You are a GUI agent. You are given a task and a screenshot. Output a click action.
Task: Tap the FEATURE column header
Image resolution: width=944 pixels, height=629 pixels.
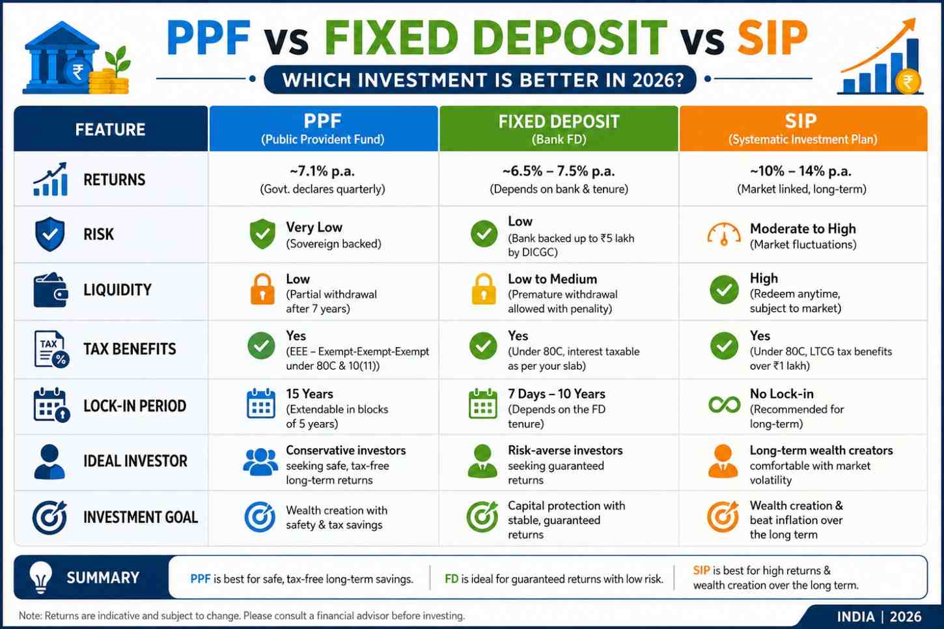pos(111,130)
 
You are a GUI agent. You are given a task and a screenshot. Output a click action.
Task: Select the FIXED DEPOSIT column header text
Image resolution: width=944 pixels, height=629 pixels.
pos(559,122)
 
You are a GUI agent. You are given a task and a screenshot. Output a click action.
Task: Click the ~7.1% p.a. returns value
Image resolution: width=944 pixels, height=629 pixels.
pos(322,171)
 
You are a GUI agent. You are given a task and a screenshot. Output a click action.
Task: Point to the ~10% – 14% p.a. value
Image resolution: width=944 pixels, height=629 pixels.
pos(801,171)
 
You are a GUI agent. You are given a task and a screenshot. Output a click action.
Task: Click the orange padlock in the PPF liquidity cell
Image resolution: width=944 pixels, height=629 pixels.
pos(262,289)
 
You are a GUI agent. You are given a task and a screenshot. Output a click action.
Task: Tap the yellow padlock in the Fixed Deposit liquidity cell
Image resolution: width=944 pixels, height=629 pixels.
pos(483,289)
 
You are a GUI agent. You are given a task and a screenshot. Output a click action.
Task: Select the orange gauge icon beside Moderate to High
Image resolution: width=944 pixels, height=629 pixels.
pos(723,234)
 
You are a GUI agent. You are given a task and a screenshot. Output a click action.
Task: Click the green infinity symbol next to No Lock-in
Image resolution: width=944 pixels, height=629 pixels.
pos(724,405)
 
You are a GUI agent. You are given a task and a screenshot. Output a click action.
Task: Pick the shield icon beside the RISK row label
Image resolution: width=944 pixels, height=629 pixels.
pos(50,234)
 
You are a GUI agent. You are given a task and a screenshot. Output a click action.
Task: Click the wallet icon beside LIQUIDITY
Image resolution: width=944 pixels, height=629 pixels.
pos(51,290)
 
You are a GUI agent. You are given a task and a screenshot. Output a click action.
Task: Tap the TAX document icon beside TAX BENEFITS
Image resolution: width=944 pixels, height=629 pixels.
pos(51,349)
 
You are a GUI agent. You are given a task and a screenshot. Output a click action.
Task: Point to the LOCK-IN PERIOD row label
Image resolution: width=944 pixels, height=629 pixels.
pos(135,406)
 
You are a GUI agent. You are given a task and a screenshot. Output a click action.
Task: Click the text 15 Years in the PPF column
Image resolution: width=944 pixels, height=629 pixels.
pos(309,394)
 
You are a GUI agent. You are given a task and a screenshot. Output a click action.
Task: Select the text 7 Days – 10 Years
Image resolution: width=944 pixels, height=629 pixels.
pos(556,394)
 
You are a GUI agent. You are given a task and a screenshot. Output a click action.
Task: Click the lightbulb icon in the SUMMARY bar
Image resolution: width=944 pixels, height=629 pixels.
pos(41,577)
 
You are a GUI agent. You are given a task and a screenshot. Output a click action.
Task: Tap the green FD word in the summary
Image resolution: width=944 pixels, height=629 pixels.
pos(451,579)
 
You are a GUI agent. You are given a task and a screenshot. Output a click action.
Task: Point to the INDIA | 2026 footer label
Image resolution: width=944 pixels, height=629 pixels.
pos(879,617)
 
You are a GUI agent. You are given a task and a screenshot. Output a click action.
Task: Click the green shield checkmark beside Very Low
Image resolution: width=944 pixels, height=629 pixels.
pos(262,234)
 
